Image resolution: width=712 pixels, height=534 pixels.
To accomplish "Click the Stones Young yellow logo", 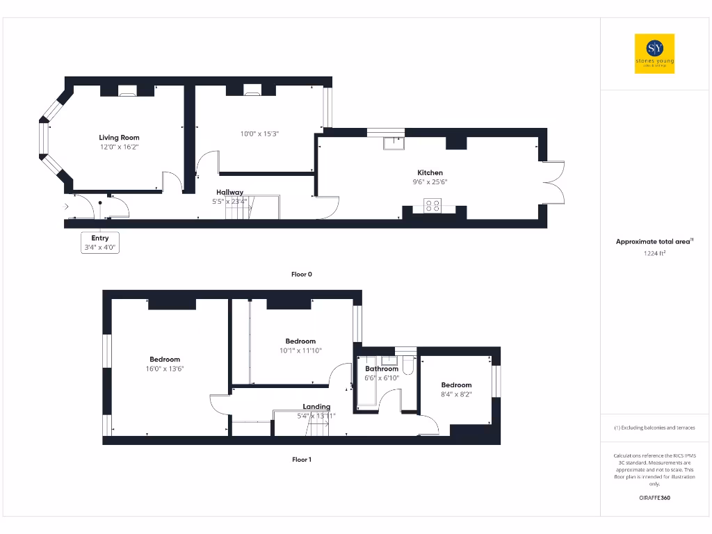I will [x=654, y=54].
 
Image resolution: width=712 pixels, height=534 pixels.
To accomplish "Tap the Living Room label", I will [x=119, y=138].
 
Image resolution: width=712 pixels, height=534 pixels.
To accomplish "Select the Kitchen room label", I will [x=430, y=172].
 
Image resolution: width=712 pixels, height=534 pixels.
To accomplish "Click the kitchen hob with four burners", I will [x=432, y=204].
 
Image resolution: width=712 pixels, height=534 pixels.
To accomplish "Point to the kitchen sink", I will [x=394, y=143].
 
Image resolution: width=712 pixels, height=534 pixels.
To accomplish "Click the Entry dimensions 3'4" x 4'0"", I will [x=100, y=247].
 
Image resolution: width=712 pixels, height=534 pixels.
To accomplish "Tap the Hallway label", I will [x=229, y=193].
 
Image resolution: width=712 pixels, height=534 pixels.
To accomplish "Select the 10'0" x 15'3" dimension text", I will [x=259, y=133].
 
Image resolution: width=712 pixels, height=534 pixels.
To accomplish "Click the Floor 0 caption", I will [x=301, y=274].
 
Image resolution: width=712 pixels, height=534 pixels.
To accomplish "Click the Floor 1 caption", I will [x=301, y=459].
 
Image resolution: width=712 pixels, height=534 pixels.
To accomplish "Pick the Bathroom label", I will [x=382, y=369].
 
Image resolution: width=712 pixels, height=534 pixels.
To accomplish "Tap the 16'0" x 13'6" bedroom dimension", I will [x=165, y=369].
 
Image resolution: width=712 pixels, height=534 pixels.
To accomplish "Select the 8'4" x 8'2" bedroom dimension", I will [x=456, y=394].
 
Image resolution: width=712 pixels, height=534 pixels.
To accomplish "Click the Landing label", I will [x=316, y=407].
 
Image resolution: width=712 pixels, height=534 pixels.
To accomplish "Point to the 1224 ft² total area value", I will [x=654, y=253].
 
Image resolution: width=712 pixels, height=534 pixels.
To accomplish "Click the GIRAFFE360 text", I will [x=654, y=498].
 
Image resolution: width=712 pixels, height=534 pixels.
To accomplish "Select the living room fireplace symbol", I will [x=127, y=90].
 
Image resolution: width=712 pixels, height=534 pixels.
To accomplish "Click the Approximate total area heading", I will [x=654, y=241].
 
